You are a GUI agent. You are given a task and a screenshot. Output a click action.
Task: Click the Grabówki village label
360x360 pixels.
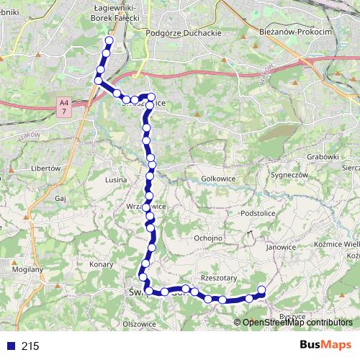320,156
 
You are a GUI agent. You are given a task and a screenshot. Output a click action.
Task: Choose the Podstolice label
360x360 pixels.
259,213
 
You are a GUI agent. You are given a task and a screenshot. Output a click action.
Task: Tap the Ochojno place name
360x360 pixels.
209,237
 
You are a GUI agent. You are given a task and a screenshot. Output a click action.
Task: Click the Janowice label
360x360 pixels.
281,247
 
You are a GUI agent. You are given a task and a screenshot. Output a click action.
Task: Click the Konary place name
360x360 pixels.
102,264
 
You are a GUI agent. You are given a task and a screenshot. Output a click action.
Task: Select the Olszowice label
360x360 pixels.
140,324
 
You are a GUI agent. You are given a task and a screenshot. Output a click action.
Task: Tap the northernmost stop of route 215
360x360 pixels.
109,40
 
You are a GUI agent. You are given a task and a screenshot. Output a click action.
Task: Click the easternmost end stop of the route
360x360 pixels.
261,290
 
